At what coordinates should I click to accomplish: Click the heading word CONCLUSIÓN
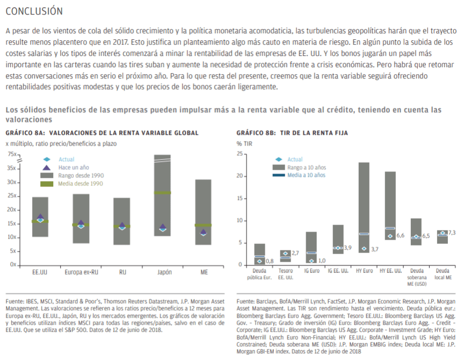[34, 11]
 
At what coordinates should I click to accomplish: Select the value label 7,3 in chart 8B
[452, 233]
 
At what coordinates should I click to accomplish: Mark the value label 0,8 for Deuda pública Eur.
[270, 262]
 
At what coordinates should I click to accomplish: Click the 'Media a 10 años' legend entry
[307, 175]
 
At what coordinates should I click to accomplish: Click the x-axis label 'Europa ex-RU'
[81, 272]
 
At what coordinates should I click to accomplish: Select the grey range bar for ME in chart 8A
[203, 212]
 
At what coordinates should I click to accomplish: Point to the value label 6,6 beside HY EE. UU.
[400, 236]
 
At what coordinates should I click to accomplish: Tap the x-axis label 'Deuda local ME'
[443, 274]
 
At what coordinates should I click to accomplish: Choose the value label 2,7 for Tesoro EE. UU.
[295, 253]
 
